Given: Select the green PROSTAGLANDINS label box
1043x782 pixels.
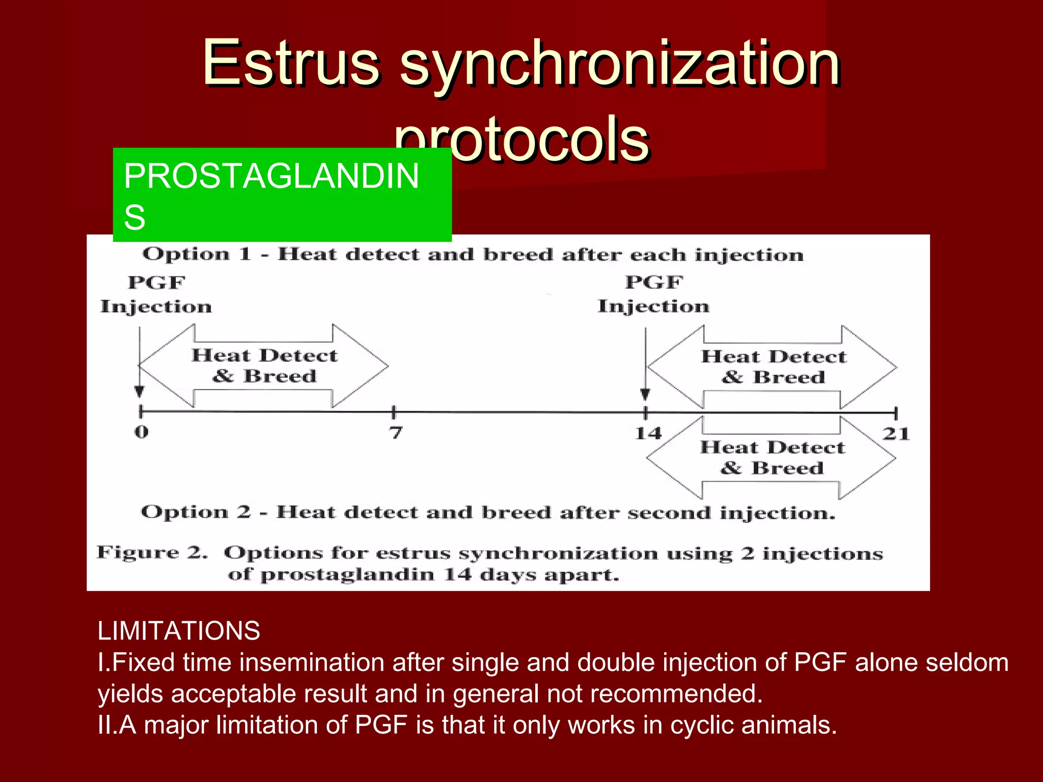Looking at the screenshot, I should coord(282,194).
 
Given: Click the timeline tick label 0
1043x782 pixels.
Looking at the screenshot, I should coord(141,432).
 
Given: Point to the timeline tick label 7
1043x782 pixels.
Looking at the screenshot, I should coord(396,433).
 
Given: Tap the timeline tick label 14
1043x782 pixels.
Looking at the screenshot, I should coord(648,433).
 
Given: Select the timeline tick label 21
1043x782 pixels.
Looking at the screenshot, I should coord(896,434).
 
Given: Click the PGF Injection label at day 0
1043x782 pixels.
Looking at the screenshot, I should coord(156,294).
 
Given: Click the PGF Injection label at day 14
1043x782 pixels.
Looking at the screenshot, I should coord(653,294).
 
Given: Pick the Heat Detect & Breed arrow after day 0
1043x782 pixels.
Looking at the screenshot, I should coord(264,366).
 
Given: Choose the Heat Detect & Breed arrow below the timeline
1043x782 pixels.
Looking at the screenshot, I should coord(772,458).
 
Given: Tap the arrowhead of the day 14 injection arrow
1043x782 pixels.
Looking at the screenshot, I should coord(645,395).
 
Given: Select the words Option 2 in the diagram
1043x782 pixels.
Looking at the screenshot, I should coord(196,512).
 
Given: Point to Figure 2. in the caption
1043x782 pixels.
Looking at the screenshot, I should coord(152,552).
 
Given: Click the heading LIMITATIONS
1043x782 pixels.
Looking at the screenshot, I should coord(179,631).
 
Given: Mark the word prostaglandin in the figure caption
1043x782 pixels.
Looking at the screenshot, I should coord(347,575).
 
